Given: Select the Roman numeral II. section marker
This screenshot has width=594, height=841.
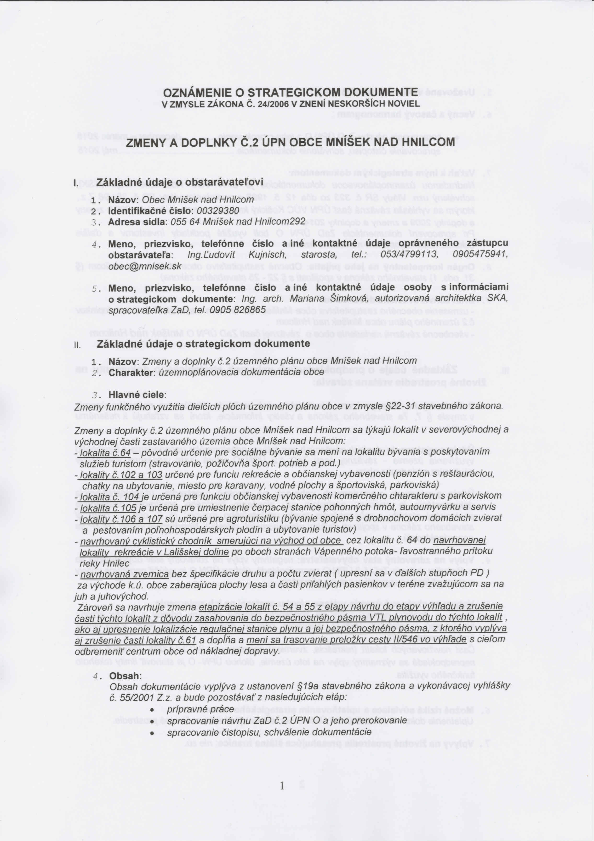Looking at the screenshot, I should [x=77, y=345].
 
